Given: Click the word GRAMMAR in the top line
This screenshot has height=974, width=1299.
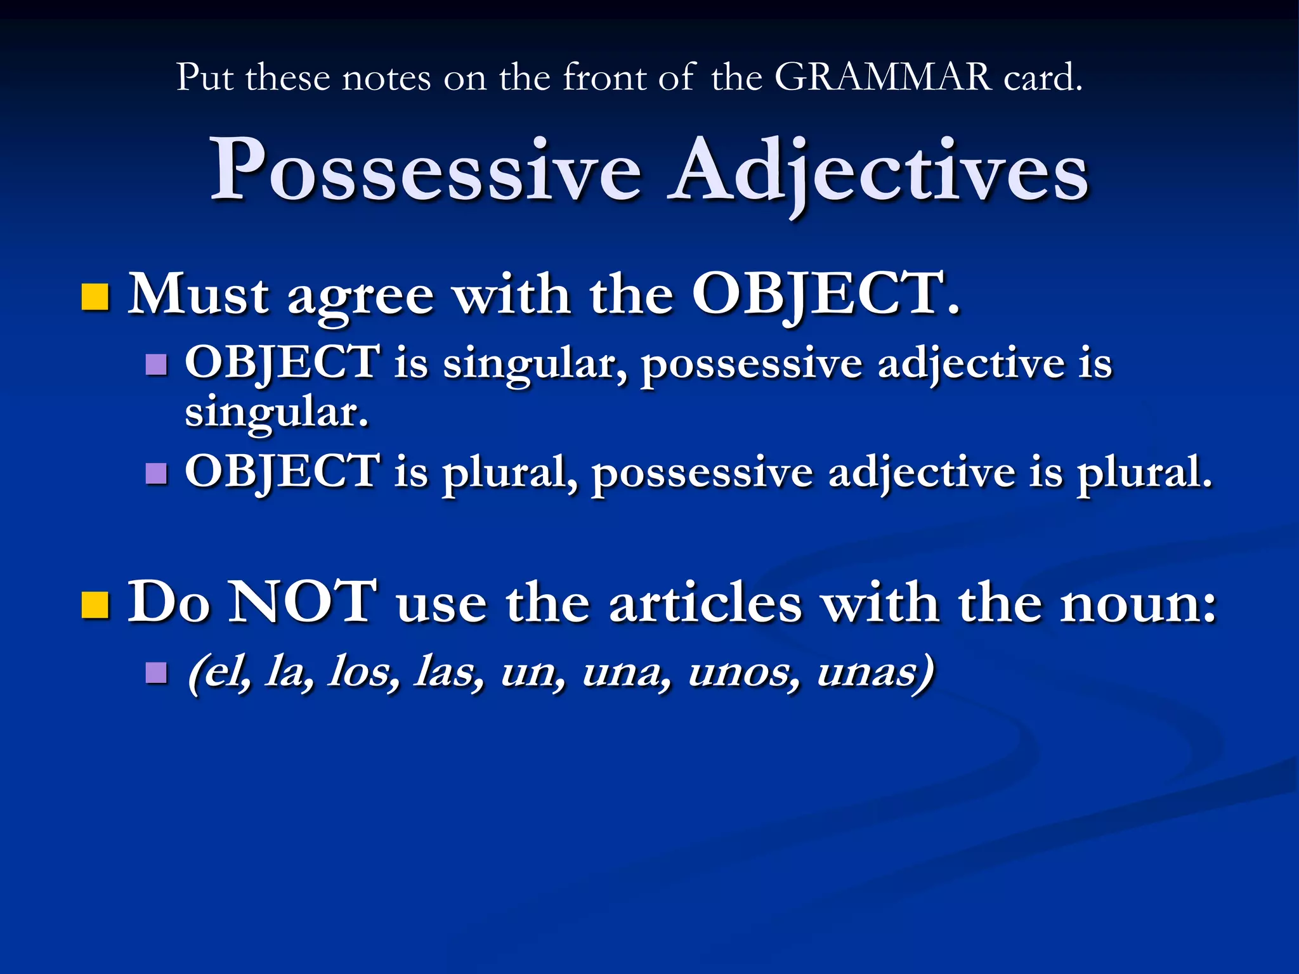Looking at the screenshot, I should pos(883,77).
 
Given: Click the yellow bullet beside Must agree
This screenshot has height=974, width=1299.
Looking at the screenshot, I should pos(95,297).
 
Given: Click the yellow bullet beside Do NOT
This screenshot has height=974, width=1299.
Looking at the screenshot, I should pos(95,604).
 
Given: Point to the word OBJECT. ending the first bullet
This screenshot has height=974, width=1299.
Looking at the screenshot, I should pos(826,294).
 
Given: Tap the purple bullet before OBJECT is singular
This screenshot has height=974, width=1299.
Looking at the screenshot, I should pos(156,365).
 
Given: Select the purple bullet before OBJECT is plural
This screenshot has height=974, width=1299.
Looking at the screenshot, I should pos(156,473).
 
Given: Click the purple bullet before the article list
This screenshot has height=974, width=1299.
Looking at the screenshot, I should pos(156,672).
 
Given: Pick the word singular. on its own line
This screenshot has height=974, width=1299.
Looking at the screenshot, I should pos(277,413).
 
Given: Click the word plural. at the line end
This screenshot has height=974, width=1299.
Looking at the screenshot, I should pos(1144,473).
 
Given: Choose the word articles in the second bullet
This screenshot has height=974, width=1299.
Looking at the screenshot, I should pos(705,604).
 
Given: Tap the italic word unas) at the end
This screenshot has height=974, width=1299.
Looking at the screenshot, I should pos(875,672).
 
